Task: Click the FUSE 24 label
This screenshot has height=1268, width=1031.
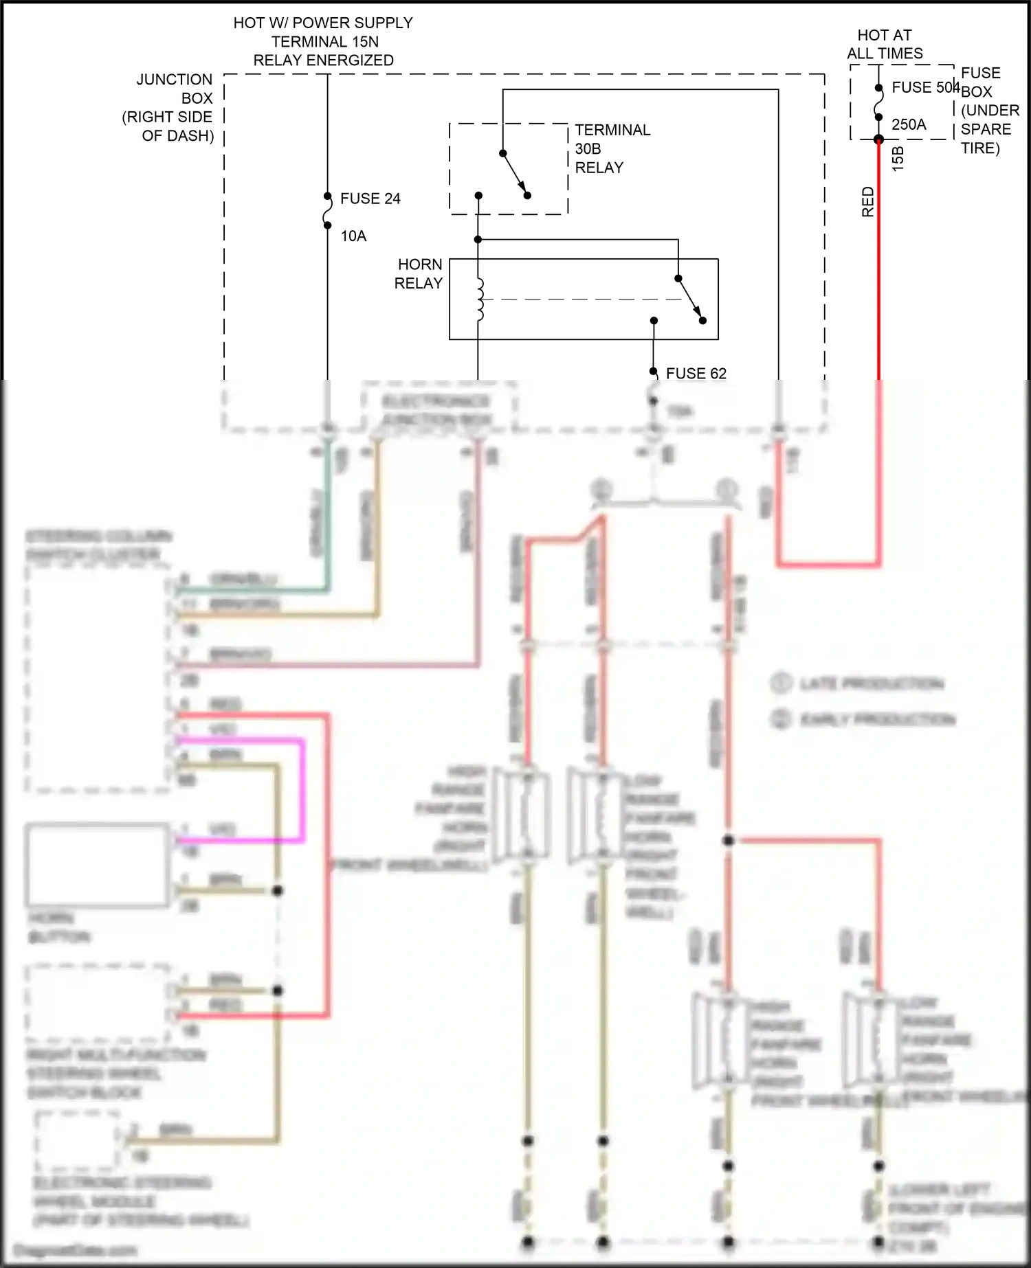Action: tap(370, 199)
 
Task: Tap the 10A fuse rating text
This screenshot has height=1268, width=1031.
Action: tap(353, 236)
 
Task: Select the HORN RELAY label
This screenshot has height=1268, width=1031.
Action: tap(418, 274)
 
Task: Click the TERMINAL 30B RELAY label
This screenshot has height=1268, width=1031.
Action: tap(611, 148)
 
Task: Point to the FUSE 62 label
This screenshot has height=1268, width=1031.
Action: tap(696, 373)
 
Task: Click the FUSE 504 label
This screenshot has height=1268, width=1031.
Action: tap(924, 87)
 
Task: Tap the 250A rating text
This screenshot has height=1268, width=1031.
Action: tap(909, 124)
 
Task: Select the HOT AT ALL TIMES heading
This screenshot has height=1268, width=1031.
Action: tap(885, 44)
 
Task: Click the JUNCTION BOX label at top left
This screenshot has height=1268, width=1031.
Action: tap(172, 107)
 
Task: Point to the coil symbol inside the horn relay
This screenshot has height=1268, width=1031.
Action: tap(480, 300)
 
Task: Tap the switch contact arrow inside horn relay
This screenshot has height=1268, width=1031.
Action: tap(690, 299)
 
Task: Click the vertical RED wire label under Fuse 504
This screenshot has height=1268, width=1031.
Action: tap(867, 202)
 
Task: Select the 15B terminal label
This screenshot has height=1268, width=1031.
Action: tap(898, 159)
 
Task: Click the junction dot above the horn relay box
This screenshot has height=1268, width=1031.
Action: tap(478, 240)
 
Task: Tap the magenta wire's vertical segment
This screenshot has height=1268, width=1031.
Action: tap(302, 790)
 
